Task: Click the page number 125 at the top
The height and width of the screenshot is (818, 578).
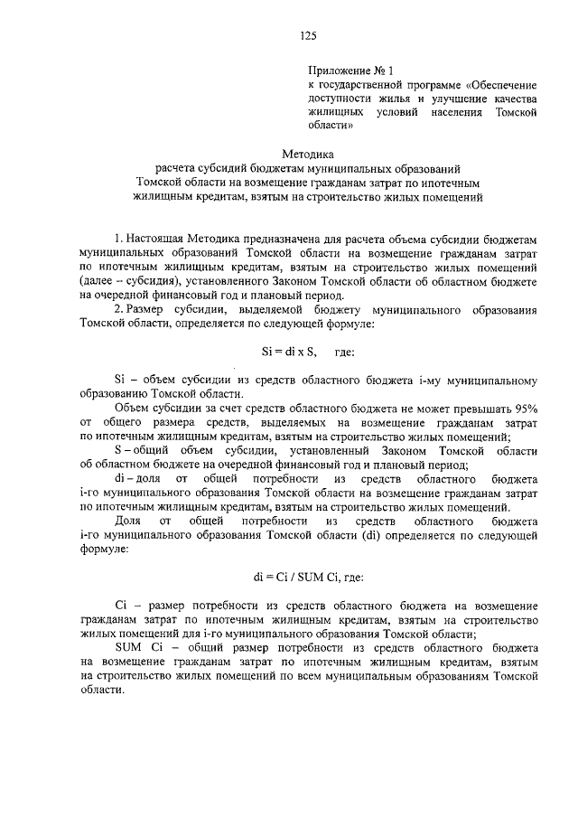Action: pyautogui.click(x=307, y=35)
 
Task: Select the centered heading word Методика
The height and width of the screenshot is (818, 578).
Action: pyautogui.click(x=307, y=154)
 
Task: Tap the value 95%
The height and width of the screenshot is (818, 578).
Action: pyautogui.click(x=521, y=409)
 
